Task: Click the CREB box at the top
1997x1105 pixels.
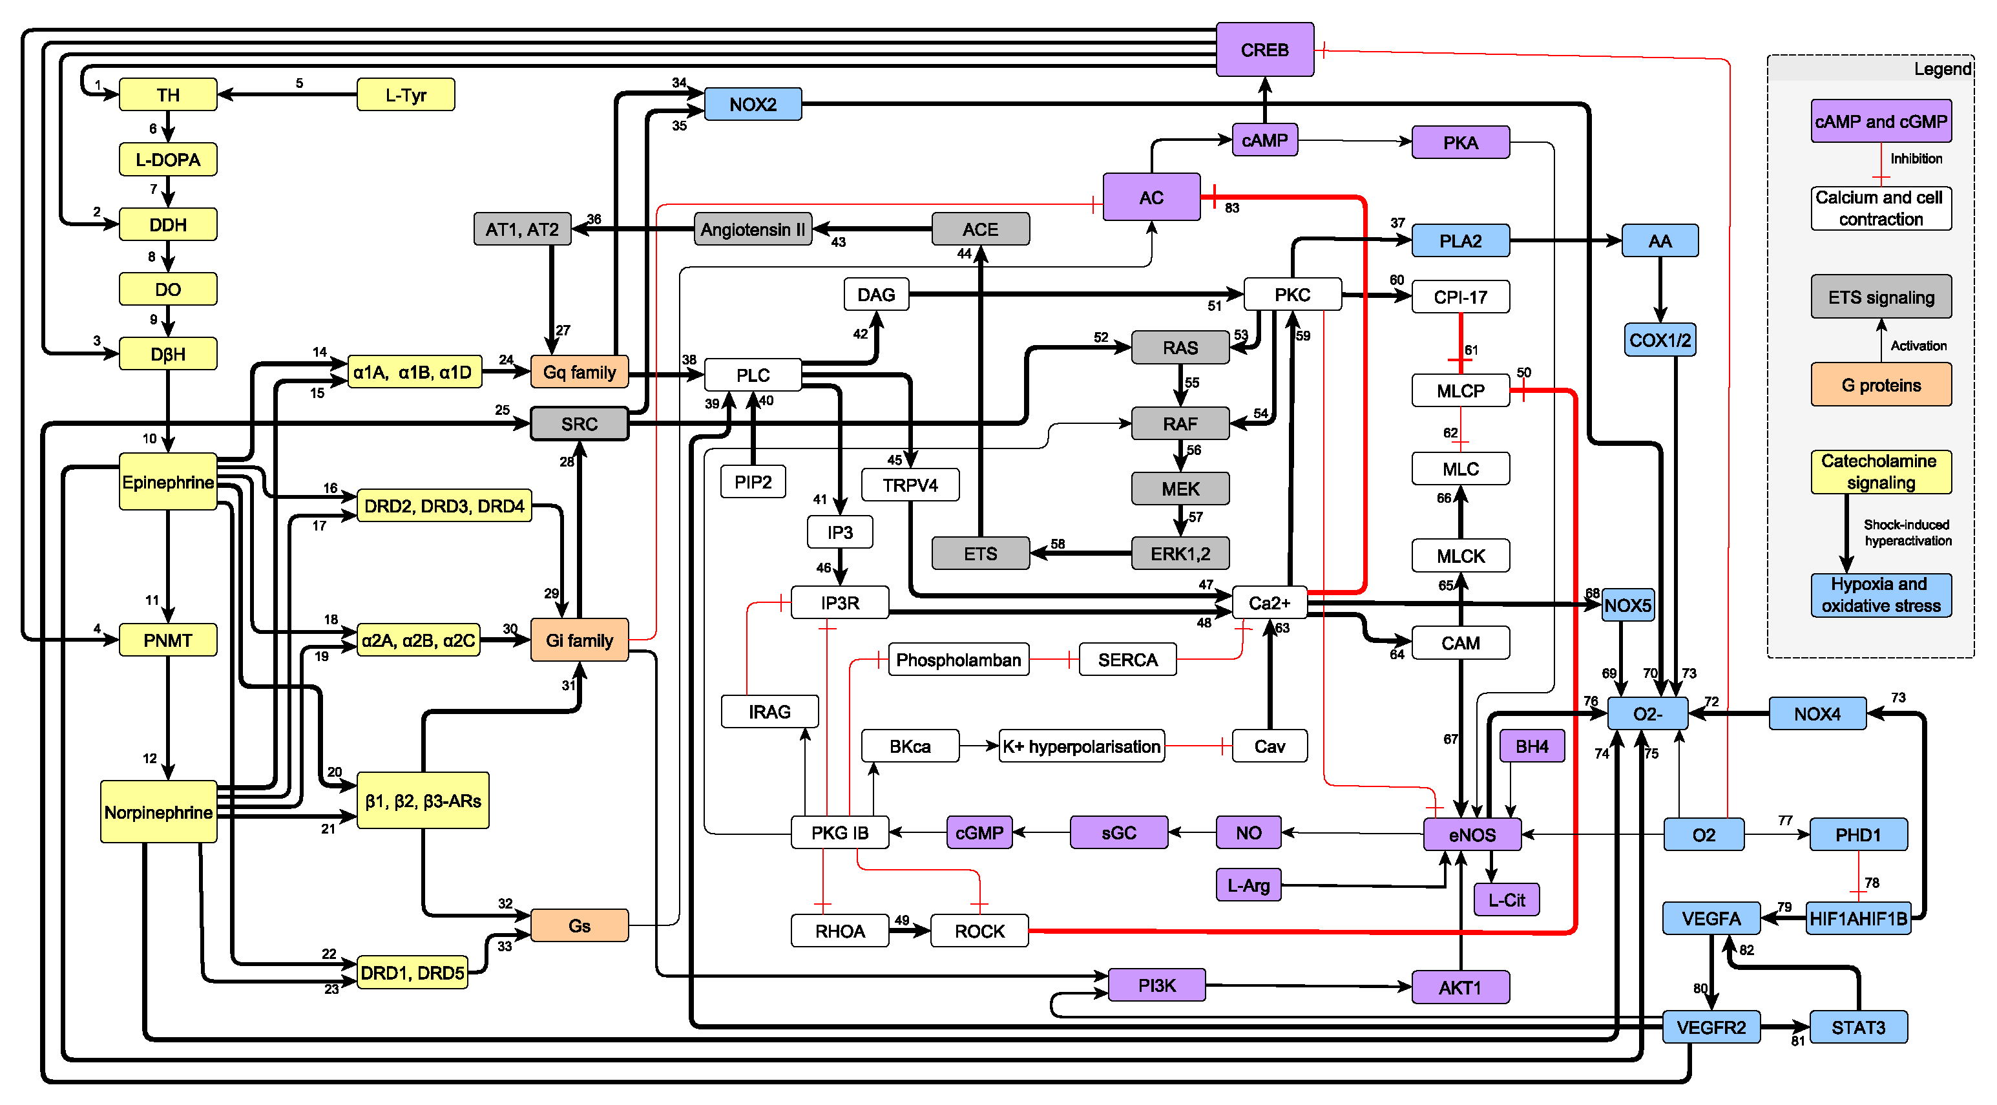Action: pyautogui.click(x=1264, y=50)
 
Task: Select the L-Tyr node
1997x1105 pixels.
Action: pyautogui.click(x=406, y=94)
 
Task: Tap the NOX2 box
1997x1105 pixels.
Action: pyautogui.click(x=753, y=104)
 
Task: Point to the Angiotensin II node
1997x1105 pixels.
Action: pyautogui.click(x=753, y=229)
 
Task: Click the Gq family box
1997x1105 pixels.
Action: pyautogui.click(x=579, y=372)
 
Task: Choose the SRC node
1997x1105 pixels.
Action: pyautogui.click(x=579, y=424)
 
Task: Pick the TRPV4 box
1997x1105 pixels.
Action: pyautogui.click(x=910, y=485)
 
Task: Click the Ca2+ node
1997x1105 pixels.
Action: pyautogui.click(x=1269, y=602)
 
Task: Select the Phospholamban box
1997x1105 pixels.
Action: pyautogui.click(x=958, y=660)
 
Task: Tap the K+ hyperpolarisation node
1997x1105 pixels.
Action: pyautogui.click(x=1082, y=746)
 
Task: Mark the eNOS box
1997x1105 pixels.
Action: pyautogui.click(x=1472, y=834)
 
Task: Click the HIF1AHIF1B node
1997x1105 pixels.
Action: pyautogui.click(x=1857, y=918)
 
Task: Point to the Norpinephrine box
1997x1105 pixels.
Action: pyautogui.click(x=158, y=812)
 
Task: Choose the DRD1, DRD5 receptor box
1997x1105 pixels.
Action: pyautogui.click(x=412, y=973)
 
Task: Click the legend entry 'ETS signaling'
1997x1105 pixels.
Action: pyautogui.click(x=1881, y=297)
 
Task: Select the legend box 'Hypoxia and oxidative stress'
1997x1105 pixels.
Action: pyautogui.click(x=1881, y=595)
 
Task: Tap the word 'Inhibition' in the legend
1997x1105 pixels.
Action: pyautogui.click(x=1916, y=159)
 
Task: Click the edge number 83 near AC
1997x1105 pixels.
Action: pyautogui.click(x=1232, y=208)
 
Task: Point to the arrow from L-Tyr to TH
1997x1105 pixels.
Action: pyautogui.click(x=288, y=94)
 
